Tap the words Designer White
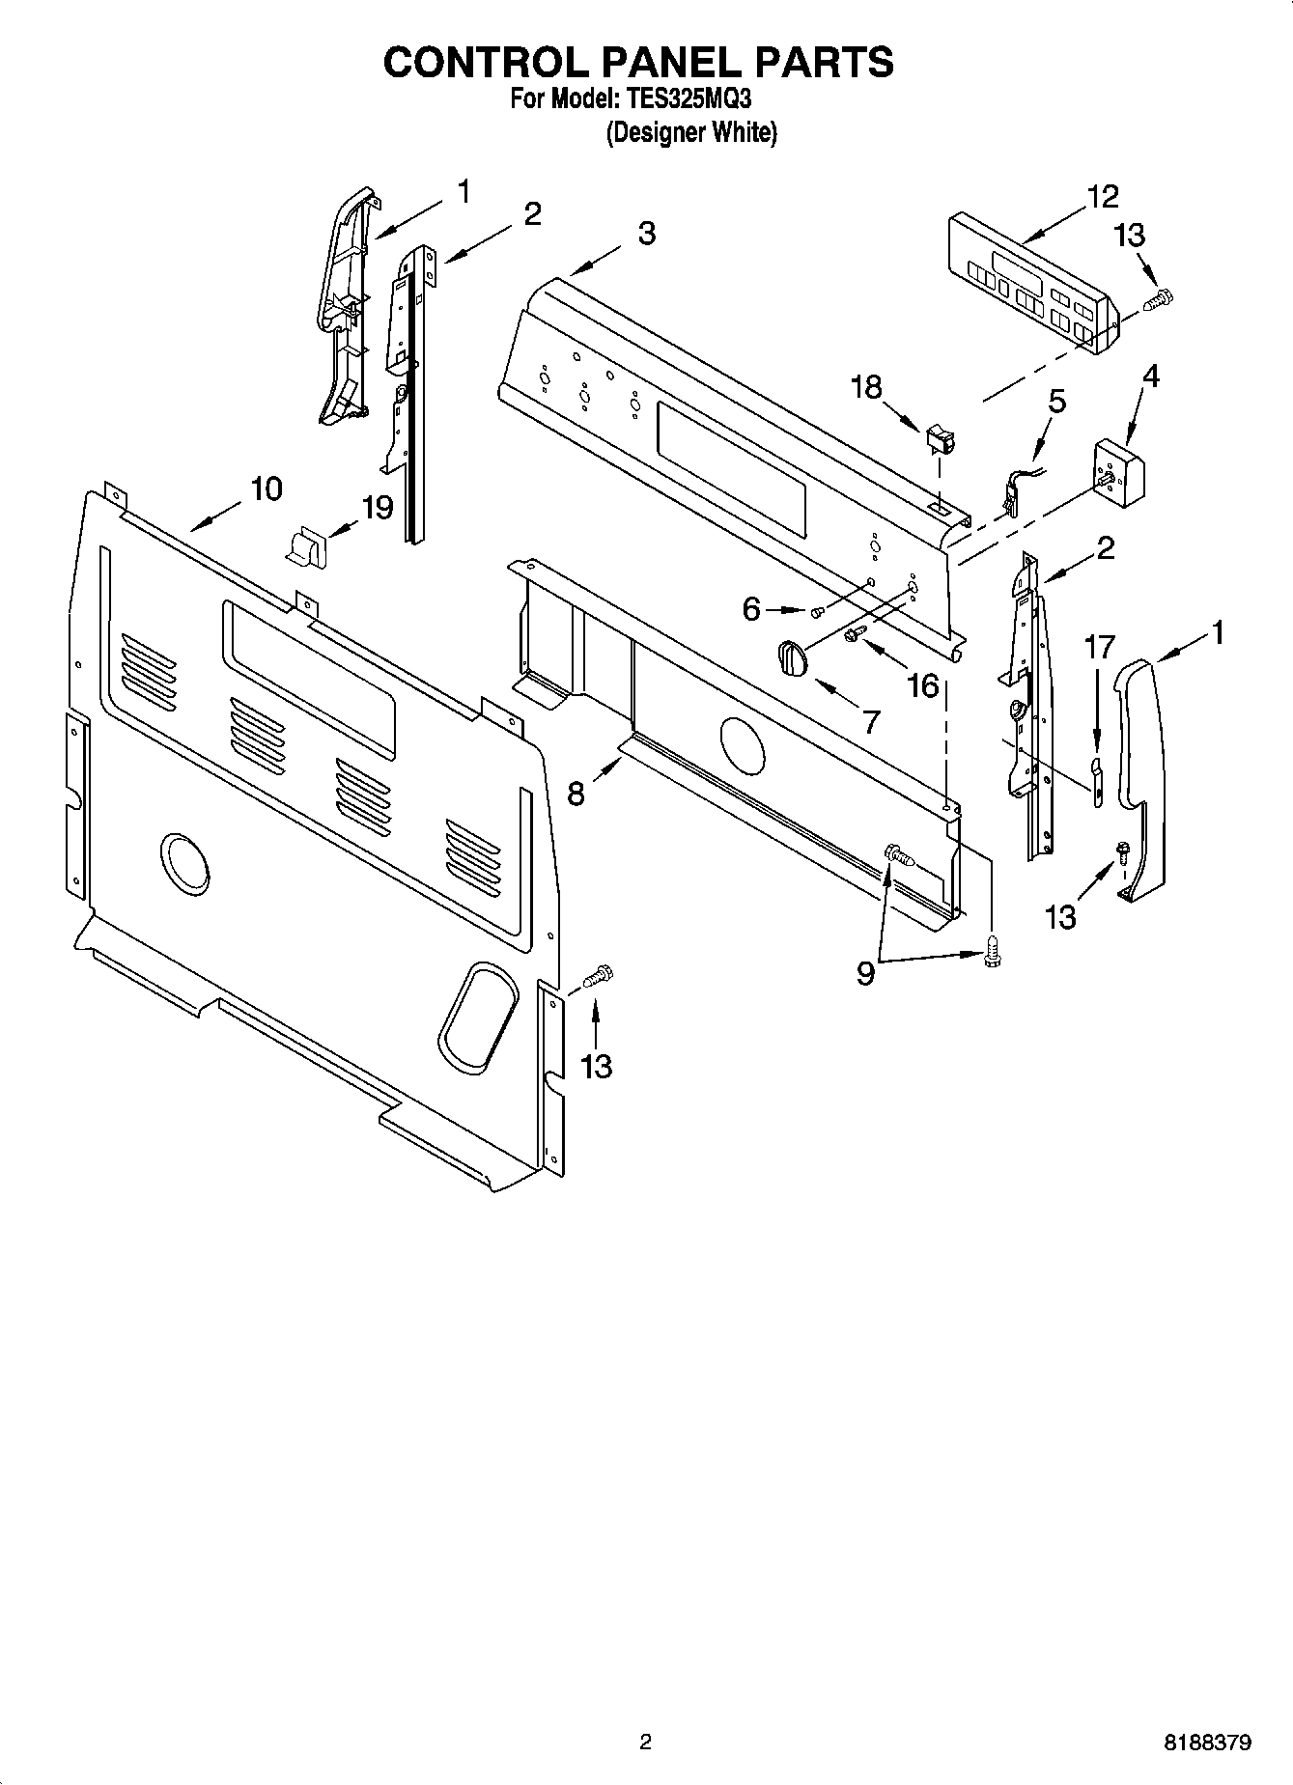click(690, 132)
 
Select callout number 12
click(1102, 196)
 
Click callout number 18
click(866, 387)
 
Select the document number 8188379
click(1208, 1743)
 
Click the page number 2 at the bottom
click(645, 1743)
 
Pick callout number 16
click(923, 685)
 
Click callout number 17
click(1100, 647)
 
